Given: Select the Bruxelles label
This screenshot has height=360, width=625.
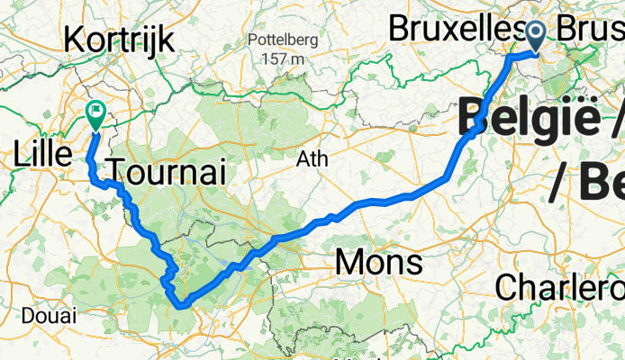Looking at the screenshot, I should pos(455,29).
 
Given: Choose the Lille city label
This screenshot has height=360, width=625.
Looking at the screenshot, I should pos(42,154).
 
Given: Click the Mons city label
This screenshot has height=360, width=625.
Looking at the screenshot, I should pos(377,263).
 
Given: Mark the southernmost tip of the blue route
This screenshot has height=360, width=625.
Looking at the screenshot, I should pos(183,306).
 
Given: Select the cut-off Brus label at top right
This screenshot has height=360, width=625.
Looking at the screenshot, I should pos(590,29).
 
